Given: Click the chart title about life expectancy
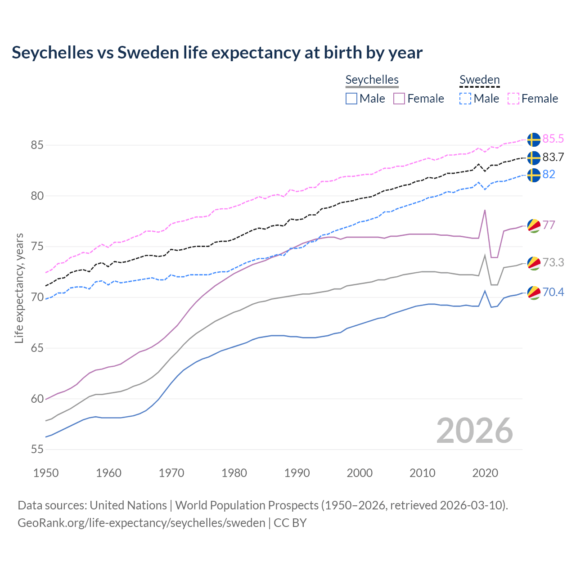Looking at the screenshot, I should tap(217, 53).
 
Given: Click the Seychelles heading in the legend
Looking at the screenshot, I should tap(372, 80).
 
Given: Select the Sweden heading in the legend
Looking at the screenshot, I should tap(479, 80).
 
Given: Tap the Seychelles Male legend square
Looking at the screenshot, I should tap(351, 99).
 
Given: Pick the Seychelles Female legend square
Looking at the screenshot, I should tap(399, 99).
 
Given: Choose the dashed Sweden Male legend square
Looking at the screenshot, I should tap(465, 99).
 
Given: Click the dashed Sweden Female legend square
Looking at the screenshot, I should tap(513, 99).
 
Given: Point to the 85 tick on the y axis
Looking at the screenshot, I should tap(37, 145).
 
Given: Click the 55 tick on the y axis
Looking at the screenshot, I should tap(37, 449).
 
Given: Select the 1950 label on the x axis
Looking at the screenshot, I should tap(46, 473).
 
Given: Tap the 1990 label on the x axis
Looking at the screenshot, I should tap(297, 473).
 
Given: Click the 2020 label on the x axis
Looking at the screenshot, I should tap(485, 473).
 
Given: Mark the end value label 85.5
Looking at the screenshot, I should tap(553, 139).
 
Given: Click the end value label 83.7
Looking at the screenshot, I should tap(553, 157).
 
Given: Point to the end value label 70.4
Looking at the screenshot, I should tap(553, 292).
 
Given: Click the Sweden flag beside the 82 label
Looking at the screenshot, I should tap(534, 175).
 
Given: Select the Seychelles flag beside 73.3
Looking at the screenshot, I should tap(534, 263).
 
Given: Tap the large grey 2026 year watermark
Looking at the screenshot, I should tap(474, 431).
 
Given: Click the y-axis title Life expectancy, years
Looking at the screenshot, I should tap(19, 288).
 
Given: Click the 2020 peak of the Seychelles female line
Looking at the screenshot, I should tap(485, 210).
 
